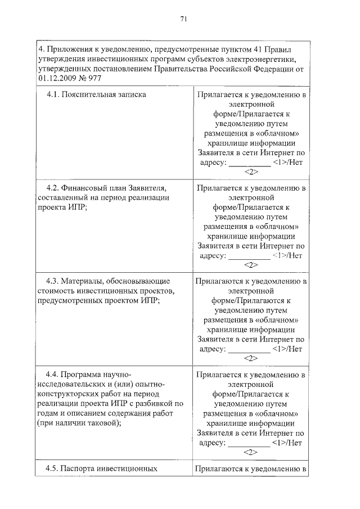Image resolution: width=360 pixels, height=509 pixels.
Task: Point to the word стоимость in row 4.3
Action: click(55, 290)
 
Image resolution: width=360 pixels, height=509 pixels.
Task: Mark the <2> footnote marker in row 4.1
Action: click(251, 172)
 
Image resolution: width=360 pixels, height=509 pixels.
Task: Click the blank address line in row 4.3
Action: click(249, 348)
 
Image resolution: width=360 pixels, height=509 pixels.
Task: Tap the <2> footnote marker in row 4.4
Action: click(251, 452)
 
